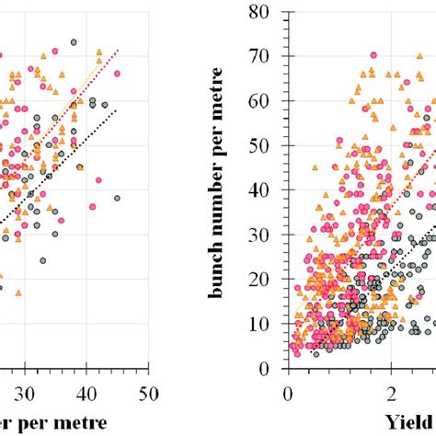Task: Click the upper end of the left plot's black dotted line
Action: (118, 110)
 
